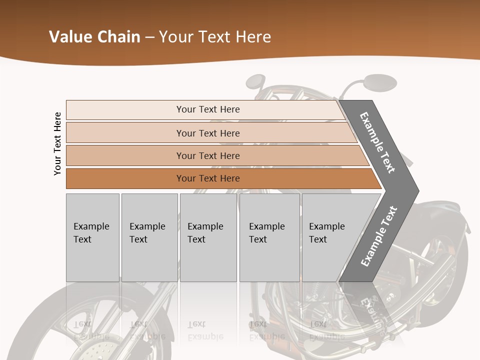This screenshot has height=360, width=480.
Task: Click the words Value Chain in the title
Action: click(94, 37)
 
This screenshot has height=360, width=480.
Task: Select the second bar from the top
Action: click(208, 133)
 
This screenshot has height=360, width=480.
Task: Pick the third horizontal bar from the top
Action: click(208, 155)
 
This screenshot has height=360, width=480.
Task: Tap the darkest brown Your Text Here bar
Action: click(208, 178)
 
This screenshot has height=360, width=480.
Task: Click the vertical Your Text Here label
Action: click(57, 143)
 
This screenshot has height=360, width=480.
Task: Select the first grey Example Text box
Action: click(92, 237)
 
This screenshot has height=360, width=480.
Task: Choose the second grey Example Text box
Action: click(149, 237)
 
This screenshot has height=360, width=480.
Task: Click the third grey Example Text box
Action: click(208, 237)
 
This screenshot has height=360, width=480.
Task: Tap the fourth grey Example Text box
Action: click(269, 237)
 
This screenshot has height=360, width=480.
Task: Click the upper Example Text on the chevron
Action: click(377, 142)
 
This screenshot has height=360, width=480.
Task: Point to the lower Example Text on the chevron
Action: click(378, 236)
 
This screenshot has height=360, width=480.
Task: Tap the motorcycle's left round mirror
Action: click(255, 81)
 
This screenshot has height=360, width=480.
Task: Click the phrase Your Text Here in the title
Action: click(215, 37)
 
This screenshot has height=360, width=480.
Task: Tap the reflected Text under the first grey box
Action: click(82, 324)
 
